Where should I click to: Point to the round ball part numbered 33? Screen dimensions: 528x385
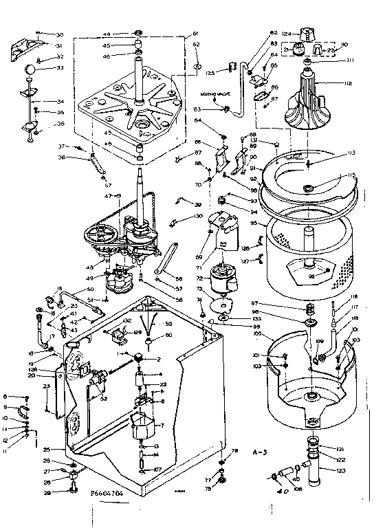(30, 70)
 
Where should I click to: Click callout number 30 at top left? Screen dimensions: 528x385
(58, 34)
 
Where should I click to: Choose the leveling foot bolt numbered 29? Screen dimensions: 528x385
(74, 489)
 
